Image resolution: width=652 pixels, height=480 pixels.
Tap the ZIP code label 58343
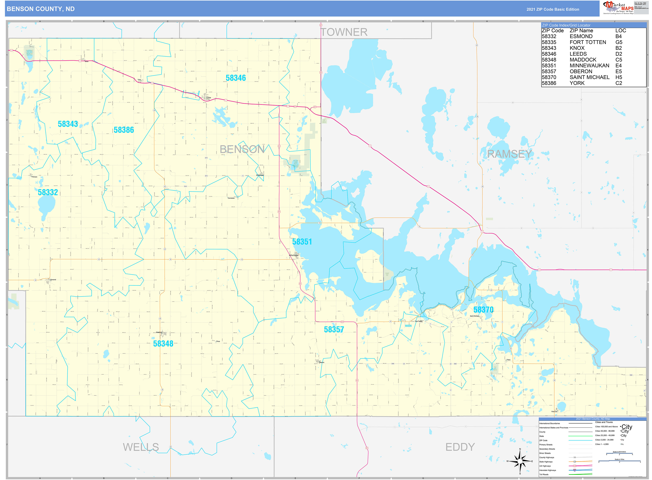point(68,124)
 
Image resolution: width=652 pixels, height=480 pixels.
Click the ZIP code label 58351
point(302,242)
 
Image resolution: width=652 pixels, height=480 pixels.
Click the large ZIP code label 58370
point(483,310)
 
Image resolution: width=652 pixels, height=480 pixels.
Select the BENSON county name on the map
point(242,149)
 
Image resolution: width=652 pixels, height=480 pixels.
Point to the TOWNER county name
point(344,32)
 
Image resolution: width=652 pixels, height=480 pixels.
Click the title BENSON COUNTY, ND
point(41,9)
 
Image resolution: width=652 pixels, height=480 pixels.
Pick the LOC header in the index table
point(621,30)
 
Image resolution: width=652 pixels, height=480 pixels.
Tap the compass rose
point(520,461)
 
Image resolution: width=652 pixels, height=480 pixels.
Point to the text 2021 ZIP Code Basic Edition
point(553,9)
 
